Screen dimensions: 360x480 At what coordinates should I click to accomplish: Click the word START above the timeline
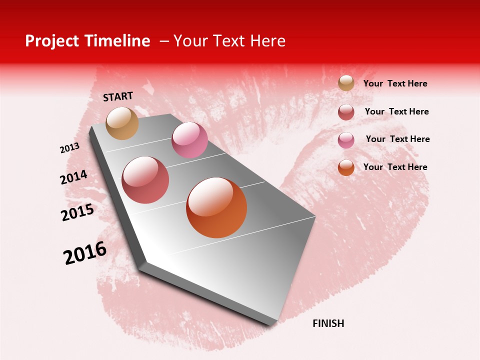tap(118, 96)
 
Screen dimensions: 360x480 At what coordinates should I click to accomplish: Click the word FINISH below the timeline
tap(328, 323)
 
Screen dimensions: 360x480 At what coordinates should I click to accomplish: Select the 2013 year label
tap(69, 148)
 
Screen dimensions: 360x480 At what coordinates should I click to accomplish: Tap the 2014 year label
tap(73, 177)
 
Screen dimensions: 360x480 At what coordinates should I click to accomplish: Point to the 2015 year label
tap(77, 212)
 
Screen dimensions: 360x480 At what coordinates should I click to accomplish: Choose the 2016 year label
tap(85, 253)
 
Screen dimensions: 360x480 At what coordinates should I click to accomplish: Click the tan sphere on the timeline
tap(122, 123)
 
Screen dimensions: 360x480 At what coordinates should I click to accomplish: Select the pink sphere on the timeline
tap(189, 140)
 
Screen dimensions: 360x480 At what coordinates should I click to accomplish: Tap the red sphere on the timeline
tap(145, 180)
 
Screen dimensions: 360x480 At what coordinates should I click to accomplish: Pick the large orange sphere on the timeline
tap(216, 207)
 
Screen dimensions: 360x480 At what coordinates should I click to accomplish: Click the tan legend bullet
tap(346, 83)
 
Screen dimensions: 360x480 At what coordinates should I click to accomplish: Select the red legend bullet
tap(346, 112)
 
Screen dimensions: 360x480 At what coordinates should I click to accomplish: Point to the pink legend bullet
tap(346, 140)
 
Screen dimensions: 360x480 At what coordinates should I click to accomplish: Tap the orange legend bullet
tap(346, 167)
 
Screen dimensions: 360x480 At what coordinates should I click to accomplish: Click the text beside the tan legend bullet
tap(395, 84)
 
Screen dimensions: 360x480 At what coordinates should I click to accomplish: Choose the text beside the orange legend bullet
tap(395, 167)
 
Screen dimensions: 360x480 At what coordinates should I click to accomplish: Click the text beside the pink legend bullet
tap(397, 139)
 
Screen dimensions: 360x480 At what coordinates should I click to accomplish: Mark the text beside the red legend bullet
tap(396, 111)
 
